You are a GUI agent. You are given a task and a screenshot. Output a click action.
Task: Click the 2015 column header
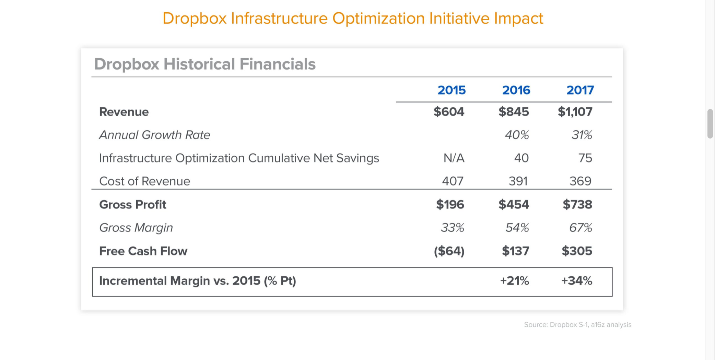(x=452, y=90)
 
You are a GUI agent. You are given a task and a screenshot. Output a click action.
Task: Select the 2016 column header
(x=516, y=90)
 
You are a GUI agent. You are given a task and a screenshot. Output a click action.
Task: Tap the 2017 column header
(x=580, y=90)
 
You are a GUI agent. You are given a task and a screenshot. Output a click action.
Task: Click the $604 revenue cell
(x=449, y=112)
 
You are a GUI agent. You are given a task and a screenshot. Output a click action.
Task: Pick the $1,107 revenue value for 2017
(x=575, y=112)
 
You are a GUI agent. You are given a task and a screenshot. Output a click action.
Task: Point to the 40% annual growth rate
(x=517, y=135)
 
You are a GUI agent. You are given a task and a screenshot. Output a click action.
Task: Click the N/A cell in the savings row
(x=454, y=158)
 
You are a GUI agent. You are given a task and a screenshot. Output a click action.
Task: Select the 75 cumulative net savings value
(x=585, y=158)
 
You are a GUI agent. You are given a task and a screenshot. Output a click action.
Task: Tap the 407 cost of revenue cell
(x=453, y=181)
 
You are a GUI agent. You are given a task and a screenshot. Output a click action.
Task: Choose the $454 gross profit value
(x=514, y=205)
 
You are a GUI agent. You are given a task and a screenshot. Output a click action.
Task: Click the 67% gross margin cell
(x=581, y=228)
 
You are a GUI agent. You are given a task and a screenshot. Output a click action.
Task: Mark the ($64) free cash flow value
(x=449, y=251)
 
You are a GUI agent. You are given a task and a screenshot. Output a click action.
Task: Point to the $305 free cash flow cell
(x=577, y=251)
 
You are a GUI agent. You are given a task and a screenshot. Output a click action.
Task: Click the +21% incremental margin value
(x=514, y=281)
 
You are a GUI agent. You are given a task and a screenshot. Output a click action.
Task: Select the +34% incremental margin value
(x=576, y=281)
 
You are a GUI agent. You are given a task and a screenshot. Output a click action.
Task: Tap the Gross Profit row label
(x=133, y=205)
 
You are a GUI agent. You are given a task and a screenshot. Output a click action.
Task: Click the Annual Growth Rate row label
(x=154, y=135)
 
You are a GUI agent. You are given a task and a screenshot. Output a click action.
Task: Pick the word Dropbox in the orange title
(x=195, y=19)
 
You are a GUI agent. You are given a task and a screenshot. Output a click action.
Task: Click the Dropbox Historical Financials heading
(x=205, y=64)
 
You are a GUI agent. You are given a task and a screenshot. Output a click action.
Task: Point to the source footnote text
(x=577, y=325)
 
